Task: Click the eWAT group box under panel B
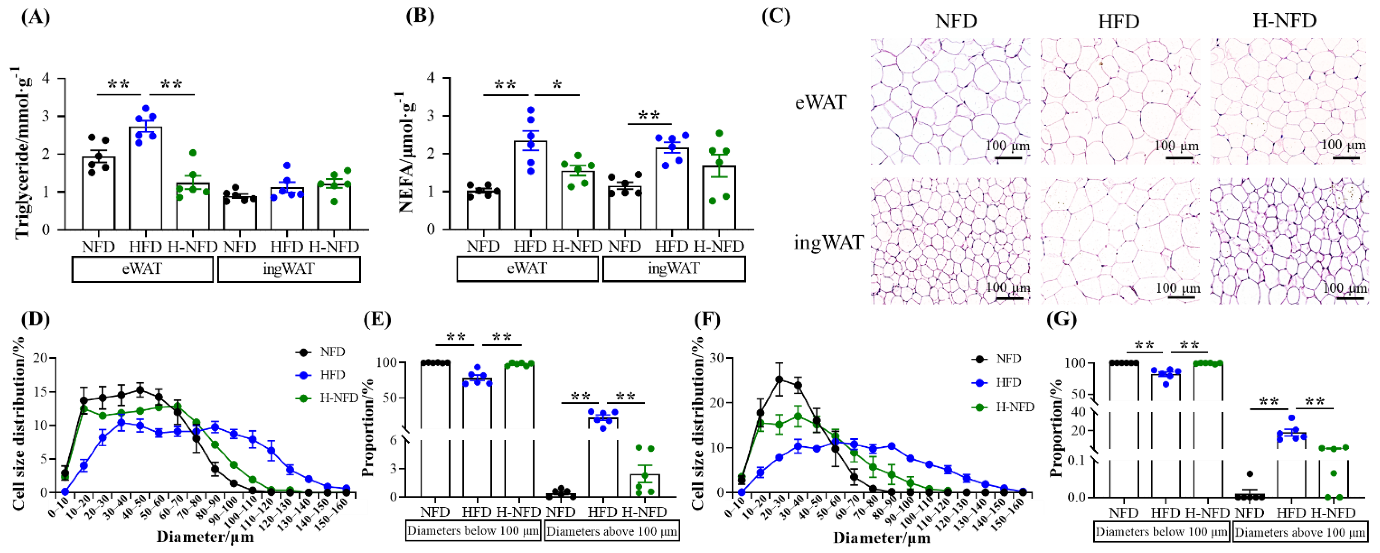[x=527, y=268]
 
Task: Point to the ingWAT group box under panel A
[x=288, y=269]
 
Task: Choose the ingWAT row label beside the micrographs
[x=828, y=243]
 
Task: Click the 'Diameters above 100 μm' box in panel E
[x=612, y=532]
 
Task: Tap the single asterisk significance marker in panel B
[x=557, y=86]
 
